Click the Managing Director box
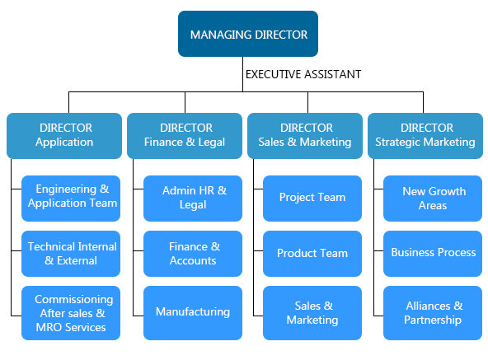[x=248, y=34]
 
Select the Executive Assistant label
[x=303, y=74]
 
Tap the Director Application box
[x=64, y=136]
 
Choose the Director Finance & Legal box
[x=185, y=136]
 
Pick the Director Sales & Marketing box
[x=305, y=136]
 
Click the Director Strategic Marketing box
[x=425, y=136]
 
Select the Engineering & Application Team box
[x=71, y=199]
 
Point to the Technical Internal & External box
[x=71, y=254]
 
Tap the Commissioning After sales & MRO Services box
[x=71, y=313]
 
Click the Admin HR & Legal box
[x=193, y=199]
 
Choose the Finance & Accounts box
[x=193, y=254]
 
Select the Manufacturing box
[x=193, y=313]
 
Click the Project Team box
[x=312, y=199]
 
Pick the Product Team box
[x=312, y=254]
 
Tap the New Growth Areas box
[x=433, y=199]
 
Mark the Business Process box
[x=433, y=254]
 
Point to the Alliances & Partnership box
[x=433, y=313]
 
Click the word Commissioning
[x=73, y=300]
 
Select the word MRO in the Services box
[x=47, y=327]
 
